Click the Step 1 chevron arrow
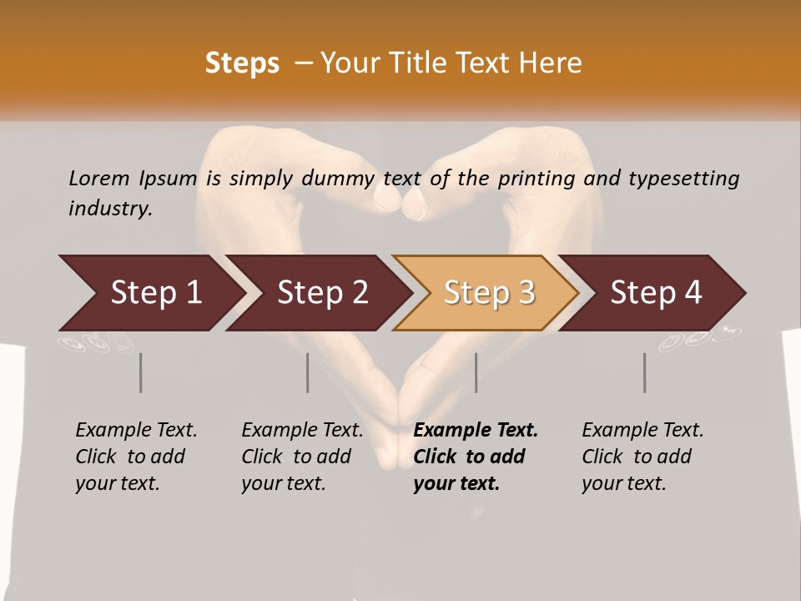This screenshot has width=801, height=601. click(154, 293)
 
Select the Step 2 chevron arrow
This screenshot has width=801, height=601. click(321, 293)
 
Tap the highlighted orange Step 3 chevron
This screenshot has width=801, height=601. click(488, 293)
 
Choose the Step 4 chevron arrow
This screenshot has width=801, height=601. click(655, 293)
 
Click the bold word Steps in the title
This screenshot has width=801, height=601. click(242, 63)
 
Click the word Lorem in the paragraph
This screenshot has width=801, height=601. click(98, 178)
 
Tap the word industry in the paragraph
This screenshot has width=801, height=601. click(110, 208)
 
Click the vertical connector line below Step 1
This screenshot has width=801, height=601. click(141, 372)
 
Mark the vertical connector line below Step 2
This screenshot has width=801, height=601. click(308, 372)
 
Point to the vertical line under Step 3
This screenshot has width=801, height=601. click(476, 372)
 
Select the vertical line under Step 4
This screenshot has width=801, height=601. click(644, 372)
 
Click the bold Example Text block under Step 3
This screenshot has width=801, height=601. click(476, 457)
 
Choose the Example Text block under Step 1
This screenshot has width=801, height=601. click(136, 457)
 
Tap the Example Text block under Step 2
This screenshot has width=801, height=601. click(302, 457)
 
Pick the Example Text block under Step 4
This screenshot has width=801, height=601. click(642, 457)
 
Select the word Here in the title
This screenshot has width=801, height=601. click(553, 63)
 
